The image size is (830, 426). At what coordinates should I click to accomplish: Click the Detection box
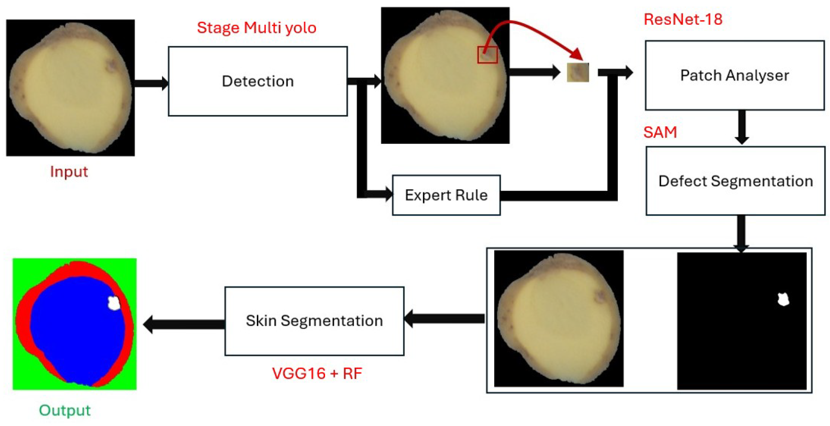pyautogui.click(x=258, y=81)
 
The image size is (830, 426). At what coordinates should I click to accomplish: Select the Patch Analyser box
pyautogui.click(x=735, y=75)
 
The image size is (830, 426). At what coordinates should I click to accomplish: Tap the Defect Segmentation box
pyautogui.click(x=735, y=181)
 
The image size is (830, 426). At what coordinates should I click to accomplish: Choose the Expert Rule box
pyautogui.click(x=446, y=195)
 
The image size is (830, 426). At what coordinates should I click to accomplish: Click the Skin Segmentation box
pyautogui.click(x=314, y=321)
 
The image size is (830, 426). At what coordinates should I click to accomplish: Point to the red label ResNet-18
pyautogui.click(x=683, y=19)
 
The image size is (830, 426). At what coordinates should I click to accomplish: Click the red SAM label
pyautogui.click(x=660, y=132)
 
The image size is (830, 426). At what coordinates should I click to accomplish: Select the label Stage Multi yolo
pyautogui.click(x=256, y=28)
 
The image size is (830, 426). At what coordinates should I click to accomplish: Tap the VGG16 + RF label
pyautogui.click(x=317, y=373)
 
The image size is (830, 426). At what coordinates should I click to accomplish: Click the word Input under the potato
pyautogui.click(x=69, y=172)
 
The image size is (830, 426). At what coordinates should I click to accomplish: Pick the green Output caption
pyautogui.click(x=65, y=410)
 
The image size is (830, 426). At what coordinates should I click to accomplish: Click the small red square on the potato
pyautogui.click(x=487, y=54)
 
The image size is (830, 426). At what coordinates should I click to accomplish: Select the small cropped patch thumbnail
pyautogui.click(x=578, y=72)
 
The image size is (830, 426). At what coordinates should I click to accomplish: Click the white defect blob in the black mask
pyautogui.click(x=783, y=299)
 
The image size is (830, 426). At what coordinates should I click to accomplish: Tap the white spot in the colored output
pyautogui.click(x=114, y=303)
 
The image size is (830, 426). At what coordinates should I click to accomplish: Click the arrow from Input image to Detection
pyautogui.click(x=151, y=83)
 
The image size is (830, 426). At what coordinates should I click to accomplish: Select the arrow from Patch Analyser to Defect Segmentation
pyautogui.click(x=742, y=127)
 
